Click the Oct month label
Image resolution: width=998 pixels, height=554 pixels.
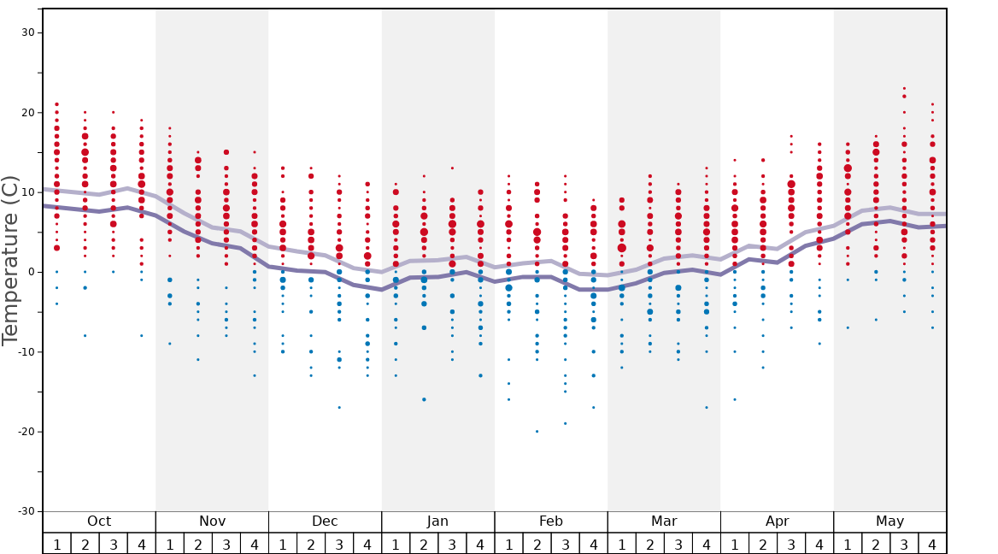tap(99, 522)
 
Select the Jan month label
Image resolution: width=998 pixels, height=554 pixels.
tap(437, 522)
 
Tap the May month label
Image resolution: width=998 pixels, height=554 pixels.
tap(889, 522)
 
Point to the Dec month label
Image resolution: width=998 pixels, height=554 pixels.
tap(325, 522)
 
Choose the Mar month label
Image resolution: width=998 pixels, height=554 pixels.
tap(664, 522)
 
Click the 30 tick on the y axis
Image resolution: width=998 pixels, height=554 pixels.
tap(27, 32)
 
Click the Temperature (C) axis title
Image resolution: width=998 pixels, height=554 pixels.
tap(10, 260)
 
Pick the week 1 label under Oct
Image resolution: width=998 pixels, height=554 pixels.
tap(56, 544)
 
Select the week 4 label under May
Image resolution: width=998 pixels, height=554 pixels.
tap(932, 544)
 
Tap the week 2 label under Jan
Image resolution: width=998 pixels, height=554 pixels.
tap(424, 544)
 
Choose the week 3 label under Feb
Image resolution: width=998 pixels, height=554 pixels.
tap(565, 544)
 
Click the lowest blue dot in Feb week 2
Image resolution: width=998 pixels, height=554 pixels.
tap(537, 431)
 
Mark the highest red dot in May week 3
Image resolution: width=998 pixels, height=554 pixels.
tap(904, 88)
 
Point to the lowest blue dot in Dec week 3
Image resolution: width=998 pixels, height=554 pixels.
tap(339, 408)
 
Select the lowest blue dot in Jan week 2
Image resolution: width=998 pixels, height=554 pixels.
tap(424, 399)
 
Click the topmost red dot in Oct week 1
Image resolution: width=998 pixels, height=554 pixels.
tap(56, 104)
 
